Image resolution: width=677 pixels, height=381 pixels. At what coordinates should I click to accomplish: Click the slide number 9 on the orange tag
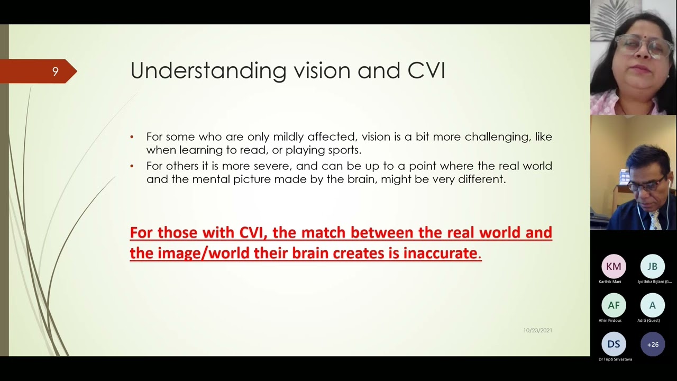[55, 71]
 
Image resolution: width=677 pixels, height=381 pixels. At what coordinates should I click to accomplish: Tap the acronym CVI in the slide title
[426, 71]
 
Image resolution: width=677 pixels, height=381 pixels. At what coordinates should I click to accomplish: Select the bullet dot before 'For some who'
[132, 137]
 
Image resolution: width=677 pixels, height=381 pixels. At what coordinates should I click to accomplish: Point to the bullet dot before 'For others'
[132, 167]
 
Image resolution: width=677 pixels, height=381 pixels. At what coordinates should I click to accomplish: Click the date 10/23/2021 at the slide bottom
[537, 330]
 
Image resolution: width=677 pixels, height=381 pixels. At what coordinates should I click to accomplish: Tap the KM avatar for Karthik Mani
[614, 267]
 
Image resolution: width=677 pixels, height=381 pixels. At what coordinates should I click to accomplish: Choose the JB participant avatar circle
[652, 267]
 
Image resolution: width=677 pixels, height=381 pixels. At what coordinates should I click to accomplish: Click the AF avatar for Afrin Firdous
[614, 305]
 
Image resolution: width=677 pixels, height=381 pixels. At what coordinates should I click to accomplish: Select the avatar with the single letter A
[652, 305]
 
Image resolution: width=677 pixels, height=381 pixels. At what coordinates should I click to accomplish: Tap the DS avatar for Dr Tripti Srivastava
[614, 344]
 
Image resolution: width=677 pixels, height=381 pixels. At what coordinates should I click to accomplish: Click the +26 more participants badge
[653, 344]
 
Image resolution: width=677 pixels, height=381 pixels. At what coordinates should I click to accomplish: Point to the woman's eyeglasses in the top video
[641, 47]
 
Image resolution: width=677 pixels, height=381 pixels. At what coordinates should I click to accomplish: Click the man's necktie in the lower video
[655, 220]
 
